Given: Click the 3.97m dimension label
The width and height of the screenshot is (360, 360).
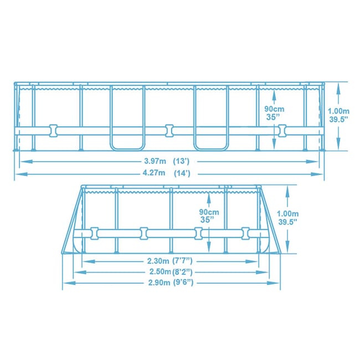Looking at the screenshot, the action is point(155,161).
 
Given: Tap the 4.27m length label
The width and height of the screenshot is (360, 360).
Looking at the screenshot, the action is point(154,173).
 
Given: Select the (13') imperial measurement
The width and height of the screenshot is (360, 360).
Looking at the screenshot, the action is point(181,161).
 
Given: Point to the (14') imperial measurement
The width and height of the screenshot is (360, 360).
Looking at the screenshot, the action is point(182,173).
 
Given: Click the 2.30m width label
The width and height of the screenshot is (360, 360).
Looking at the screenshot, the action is point(158,261).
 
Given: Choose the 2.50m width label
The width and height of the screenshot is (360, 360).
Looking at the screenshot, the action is point(160,271).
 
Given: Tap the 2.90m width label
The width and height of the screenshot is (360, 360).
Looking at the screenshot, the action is point(159,282).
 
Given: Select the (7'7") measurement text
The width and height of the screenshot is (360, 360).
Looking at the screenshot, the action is point(182,261).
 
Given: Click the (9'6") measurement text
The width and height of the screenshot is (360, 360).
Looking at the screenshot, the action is point(183,282).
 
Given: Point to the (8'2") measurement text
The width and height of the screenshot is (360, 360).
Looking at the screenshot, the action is point(182,272).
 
